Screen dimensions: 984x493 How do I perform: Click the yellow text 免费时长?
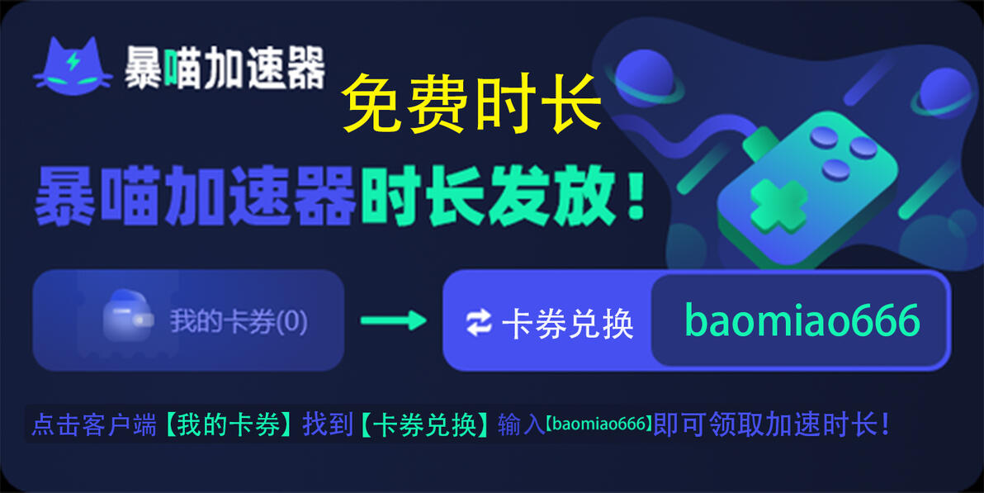(x=471, y=104)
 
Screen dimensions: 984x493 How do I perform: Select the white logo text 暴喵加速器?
(x=225, y=67)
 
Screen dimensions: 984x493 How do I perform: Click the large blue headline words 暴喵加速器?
(x=196, y=196)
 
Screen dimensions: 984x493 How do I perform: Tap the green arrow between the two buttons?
(x=394, y=320)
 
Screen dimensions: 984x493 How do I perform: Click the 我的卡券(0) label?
(x=239, y=322)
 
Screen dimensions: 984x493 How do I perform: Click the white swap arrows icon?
(x=479, y=323)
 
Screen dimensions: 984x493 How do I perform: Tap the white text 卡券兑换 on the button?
(x=568, y=324)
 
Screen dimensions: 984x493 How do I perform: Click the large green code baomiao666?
(x=802, y=320)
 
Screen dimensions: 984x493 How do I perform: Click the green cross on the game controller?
(x=778, y=206)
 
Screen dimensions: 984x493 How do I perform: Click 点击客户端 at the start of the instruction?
(x=94, y=425)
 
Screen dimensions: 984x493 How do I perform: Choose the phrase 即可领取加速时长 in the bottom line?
(x=764, y=425)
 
